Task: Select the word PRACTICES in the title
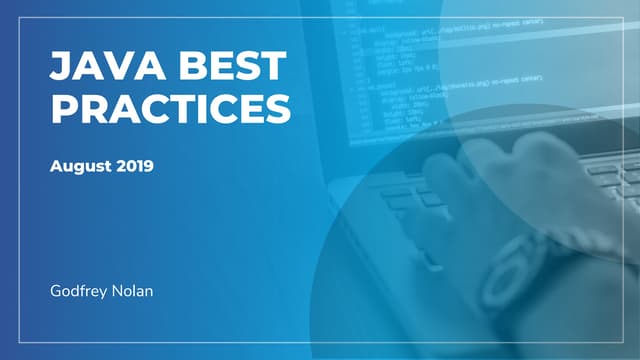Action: (x=171, y=108)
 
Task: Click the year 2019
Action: (x=134, y=166)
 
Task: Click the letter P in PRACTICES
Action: (x=63, y=108)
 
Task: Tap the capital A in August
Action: (x=56, y=166)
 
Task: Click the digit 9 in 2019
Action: (x=148, y=166)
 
